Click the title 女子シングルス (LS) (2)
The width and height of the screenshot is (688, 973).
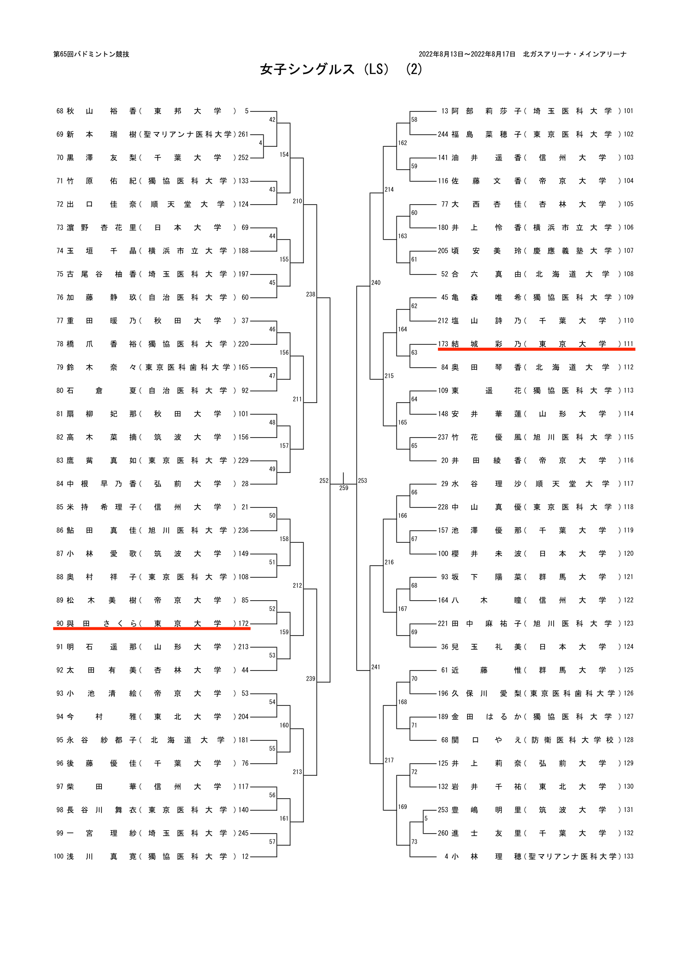[x=341, y=69]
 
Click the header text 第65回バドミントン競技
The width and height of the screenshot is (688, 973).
[x=91, y=54]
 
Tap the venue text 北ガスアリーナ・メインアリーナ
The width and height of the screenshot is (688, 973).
[x=574, y=54]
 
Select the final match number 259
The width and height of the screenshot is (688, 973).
[x=344, y=488]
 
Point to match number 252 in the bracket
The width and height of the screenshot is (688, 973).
[x=324, y=480]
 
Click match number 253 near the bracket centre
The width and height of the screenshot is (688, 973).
[x=362, y=480]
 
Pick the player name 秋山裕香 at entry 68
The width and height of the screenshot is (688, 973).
[x=101, y=111]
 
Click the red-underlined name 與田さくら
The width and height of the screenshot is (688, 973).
[x=101, y=624]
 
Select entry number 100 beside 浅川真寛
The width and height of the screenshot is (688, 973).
[x=59, y=857]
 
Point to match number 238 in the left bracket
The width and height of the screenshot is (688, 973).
[x=311, y=294]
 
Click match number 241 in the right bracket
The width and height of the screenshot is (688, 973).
[x=375, y=667]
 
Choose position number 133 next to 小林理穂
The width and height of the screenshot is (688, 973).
[x=628, y=857]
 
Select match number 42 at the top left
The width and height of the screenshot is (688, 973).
[x=272, y=119]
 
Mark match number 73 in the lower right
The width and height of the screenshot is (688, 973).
[x=414, y=842]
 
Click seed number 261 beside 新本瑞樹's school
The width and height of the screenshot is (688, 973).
[x=243, y=134]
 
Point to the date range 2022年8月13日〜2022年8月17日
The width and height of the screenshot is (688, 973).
[x=467, y=54]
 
